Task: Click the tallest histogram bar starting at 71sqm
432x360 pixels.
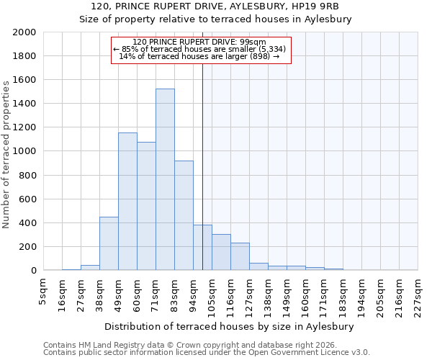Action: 165,179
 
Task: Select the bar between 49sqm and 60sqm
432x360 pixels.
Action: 127,202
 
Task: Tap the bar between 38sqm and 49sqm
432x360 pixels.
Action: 109,243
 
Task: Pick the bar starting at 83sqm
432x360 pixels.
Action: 184,215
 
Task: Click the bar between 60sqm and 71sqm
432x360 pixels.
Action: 146,206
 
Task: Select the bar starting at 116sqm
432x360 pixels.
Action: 240,256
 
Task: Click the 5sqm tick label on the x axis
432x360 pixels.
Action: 43,291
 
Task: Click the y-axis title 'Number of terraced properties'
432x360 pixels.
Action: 6,154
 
